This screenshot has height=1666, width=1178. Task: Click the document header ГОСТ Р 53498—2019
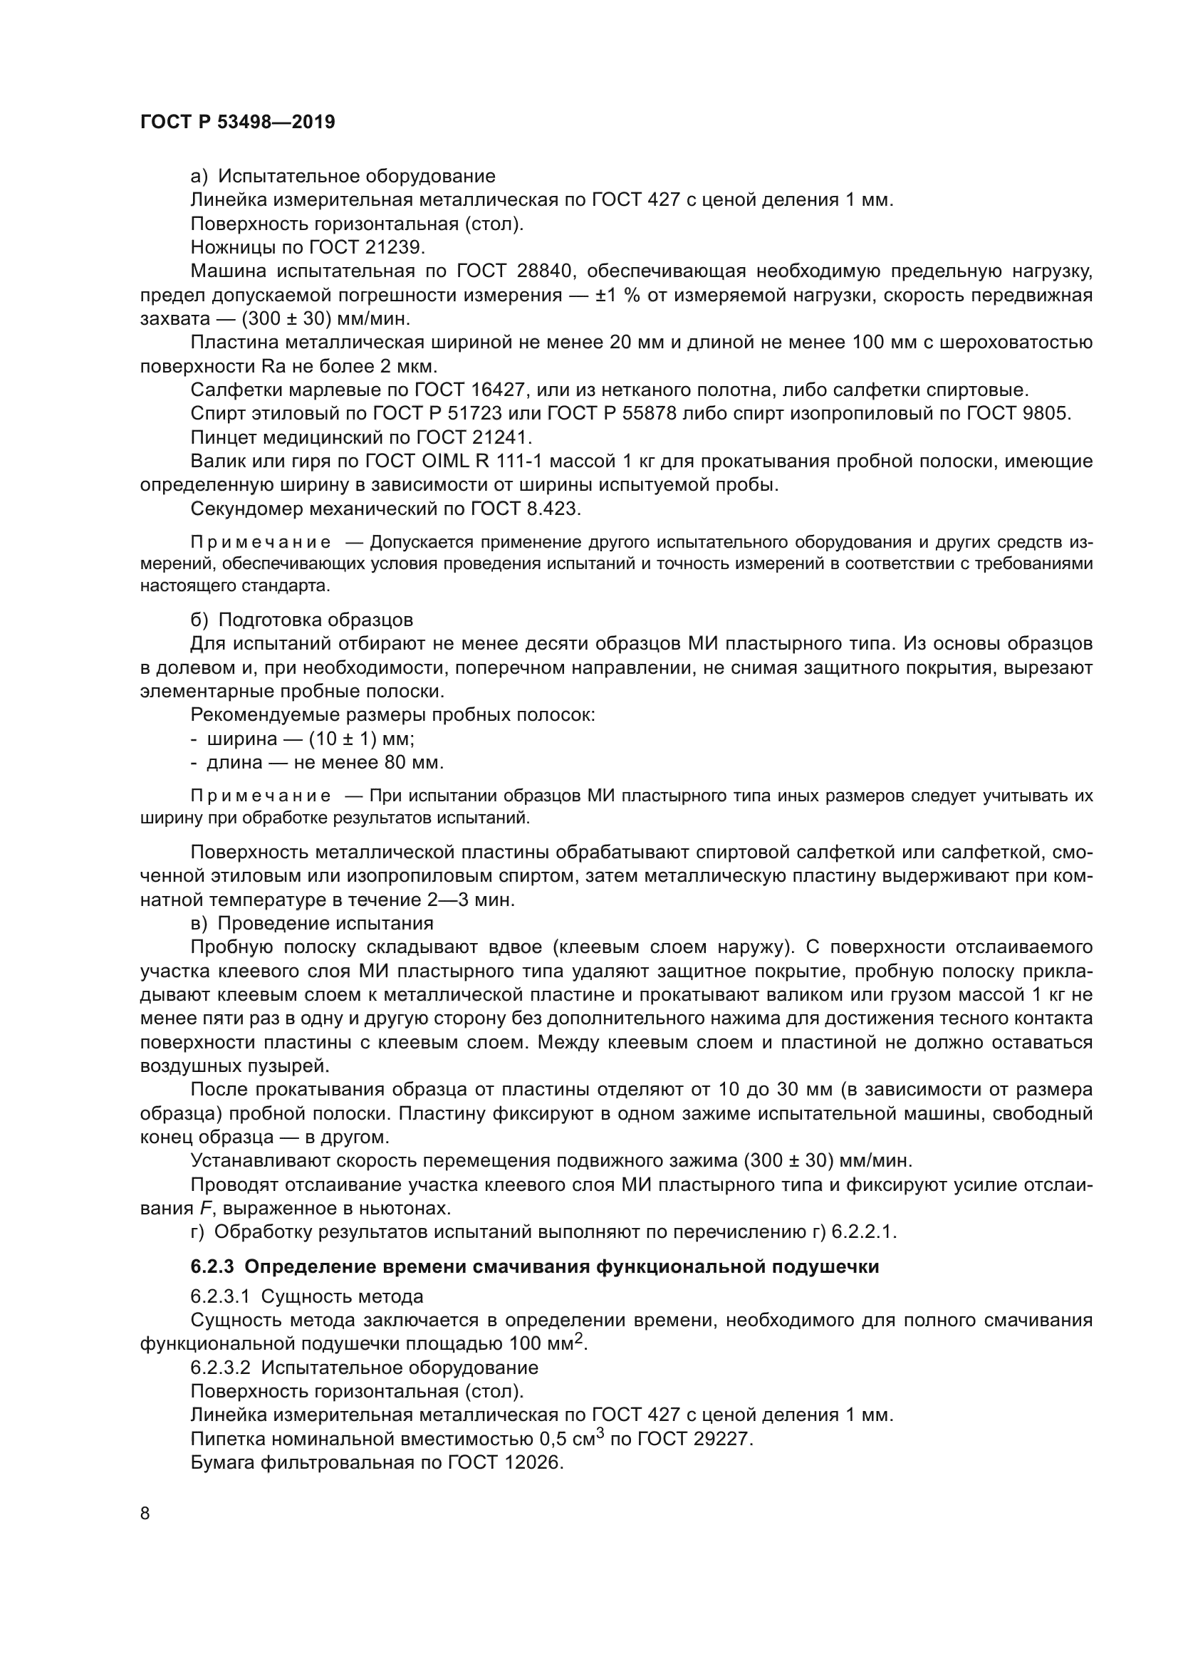tap(237, 122)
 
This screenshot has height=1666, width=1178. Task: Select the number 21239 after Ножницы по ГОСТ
tap(397, 247)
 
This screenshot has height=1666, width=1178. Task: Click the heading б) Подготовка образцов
tap(301, 620)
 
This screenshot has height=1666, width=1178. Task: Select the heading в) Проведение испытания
tap(312, 923)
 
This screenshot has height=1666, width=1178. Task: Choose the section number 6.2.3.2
tap(220, 1367)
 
